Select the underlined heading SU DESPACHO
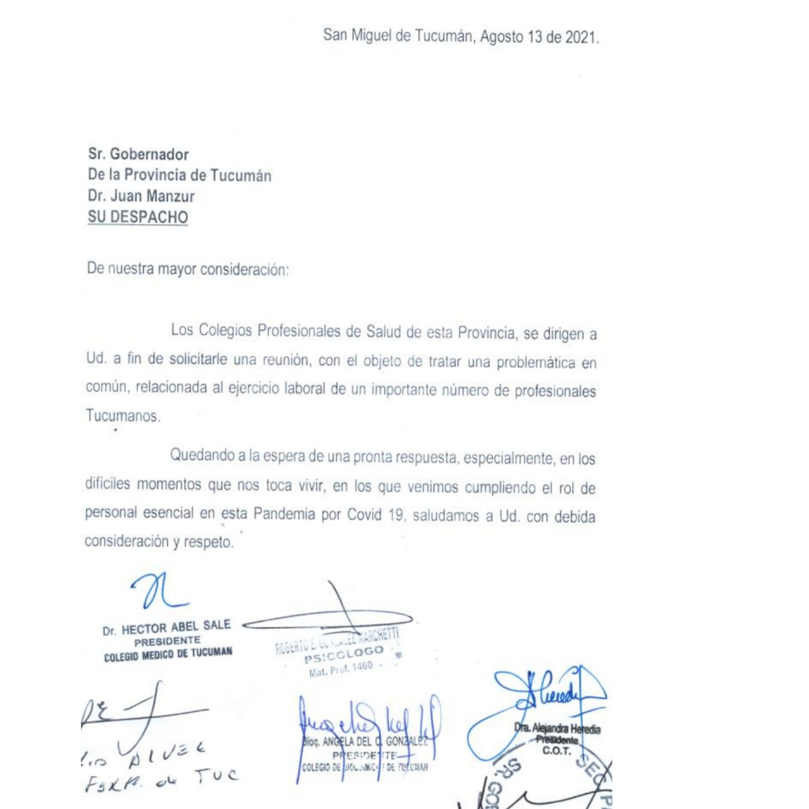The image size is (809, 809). (139, 218)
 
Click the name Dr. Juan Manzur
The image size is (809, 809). (139, 197)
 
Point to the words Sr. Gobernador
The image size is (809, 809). (139, 154)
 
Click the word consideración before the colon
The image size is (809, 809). (243, 270)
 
